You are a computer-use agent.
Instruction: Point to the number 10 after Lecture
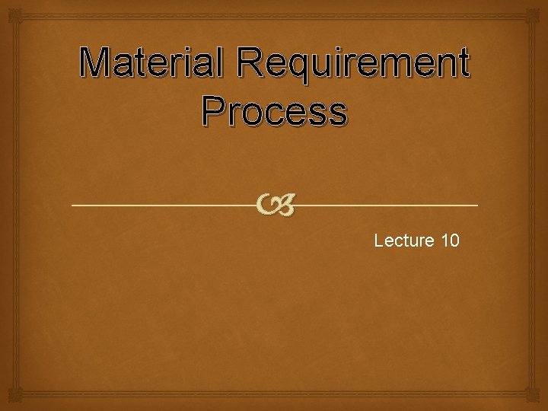[449, 241]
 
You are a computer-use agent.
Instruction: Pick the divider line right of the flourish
[388, 205]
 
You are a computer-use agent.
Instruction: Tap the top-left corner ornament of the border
[9, 9]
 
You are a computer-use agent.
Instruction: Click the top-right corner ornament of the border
[539, 9]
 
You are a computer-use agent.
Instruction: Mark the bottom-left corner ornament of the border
[9, 402]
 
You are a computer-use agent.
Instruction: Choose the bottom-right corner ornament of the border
[539, 402]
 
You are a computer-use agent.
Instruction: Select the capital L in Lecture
[379, 241]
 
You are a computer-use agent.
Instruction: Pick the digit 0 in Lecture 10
[454, 241]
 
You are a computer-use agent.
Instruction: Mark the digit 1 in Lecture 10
[444, 241]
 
